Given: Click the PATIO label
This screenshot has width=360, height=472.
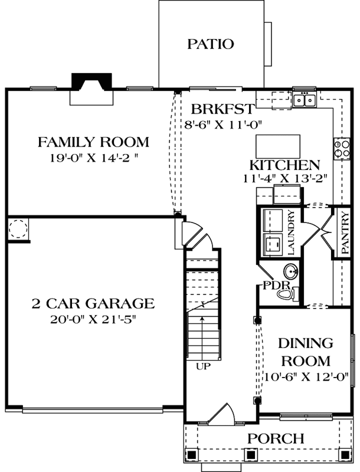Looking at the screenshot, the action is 211,44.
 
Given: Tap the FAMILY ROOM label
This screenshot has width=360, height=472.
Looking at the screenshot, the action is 93,142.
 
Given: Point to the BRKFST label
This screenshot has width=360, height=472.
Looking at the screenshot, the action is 222,109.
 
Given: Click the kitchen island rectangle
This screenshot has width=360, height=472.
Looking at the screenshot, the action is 278,146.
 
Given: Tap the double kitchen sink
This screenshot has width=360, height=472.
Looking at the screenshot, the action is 305,100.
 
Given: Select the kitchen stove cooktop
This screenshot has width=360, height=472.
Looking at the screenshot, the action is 342,148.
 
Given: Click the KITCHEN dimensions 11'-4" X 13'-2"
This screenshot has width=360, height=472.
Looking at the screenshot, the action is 285,179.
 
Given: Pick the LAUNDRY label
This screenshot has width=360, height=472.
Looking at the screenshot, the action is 291,232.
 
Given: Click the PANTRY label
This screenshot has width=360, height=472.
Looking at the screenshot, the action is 345,232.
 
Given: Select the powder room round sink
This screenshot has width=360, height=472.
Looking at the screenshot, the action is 291,271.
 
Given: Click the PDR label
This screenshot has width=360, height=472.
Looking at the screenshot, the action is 276,285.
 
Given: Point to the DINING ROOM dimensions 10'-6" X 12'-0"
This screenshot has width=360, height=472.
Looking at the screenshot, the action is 307,376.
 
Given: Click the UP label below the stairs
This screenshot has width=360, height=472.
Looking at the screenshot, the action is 203,366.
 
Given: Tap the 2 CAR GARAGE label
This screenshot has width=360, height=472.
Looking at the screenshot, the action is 93,303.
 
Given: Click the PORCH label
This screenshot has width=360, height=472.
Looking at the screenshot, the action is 276,438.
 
